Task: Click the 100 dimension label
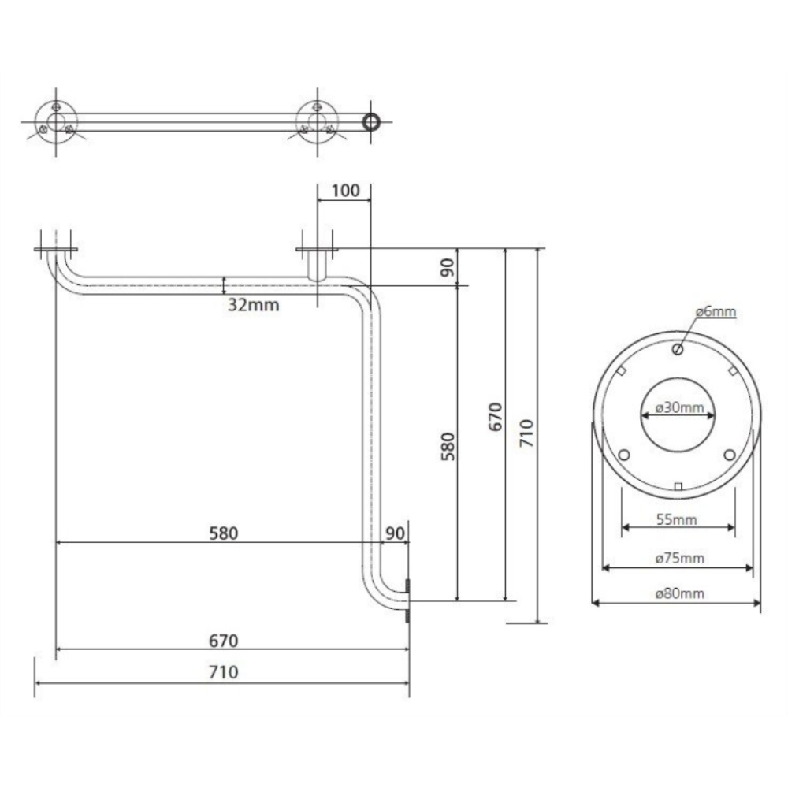[346, 191]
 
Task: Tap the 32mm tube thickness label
[253, 304]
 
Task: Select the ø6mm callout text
[716, 311]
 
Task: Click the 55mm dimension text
[676, 519]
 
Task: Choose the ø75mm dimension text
[679, 558]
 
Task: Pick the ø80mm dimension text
[679, 593]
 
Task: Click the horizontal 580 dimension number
[224, 533]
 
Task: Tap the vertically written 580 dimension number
[448, 446]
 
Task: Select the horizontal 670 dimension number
[224, 641]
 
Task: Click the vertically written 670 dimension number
[495, 417]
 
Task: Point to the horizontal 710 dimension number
[224, 672]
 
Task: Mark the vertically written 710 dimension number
[526, 433]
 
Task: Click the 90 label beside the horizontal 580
[395, 533]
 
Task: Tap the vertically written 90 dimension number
[448, 267]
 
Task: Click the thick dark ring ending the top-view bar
[371, 122]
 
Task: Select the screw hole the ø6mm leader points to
[678, 349]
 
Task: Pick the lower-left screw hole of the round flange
[624, 455]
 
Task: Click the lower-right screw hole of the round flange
[730, 455]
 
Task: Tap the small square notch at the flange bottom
[678, 486]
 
